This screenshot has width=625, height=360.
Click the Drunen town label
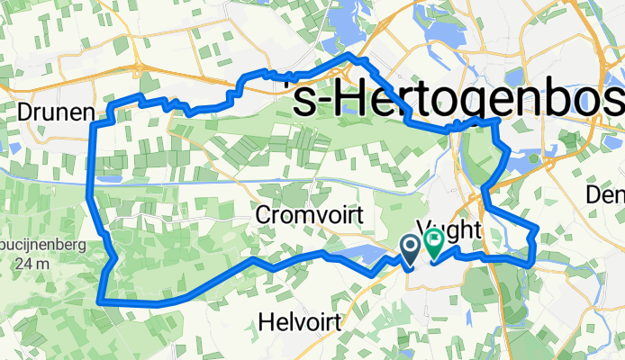click(x=55, y=112)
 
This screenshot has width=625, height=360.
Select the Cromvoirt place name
click(x=309, y=216)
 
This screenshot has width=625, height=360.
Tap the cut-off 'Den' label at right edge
click(x=604, y=193)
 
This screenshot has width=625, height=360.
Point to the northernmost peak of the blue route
click(x=352, y=56)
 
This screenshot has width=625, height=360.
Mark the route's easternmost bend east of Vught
click(x=537, y=231)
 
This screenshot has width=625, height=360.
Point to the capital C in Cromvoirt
click(x=263, y=216)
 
